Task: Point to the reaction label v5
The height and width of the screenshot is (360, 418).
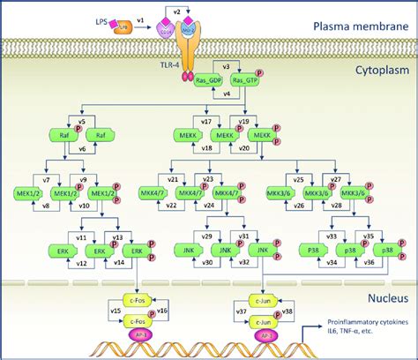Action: click(x=81, y=122)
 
